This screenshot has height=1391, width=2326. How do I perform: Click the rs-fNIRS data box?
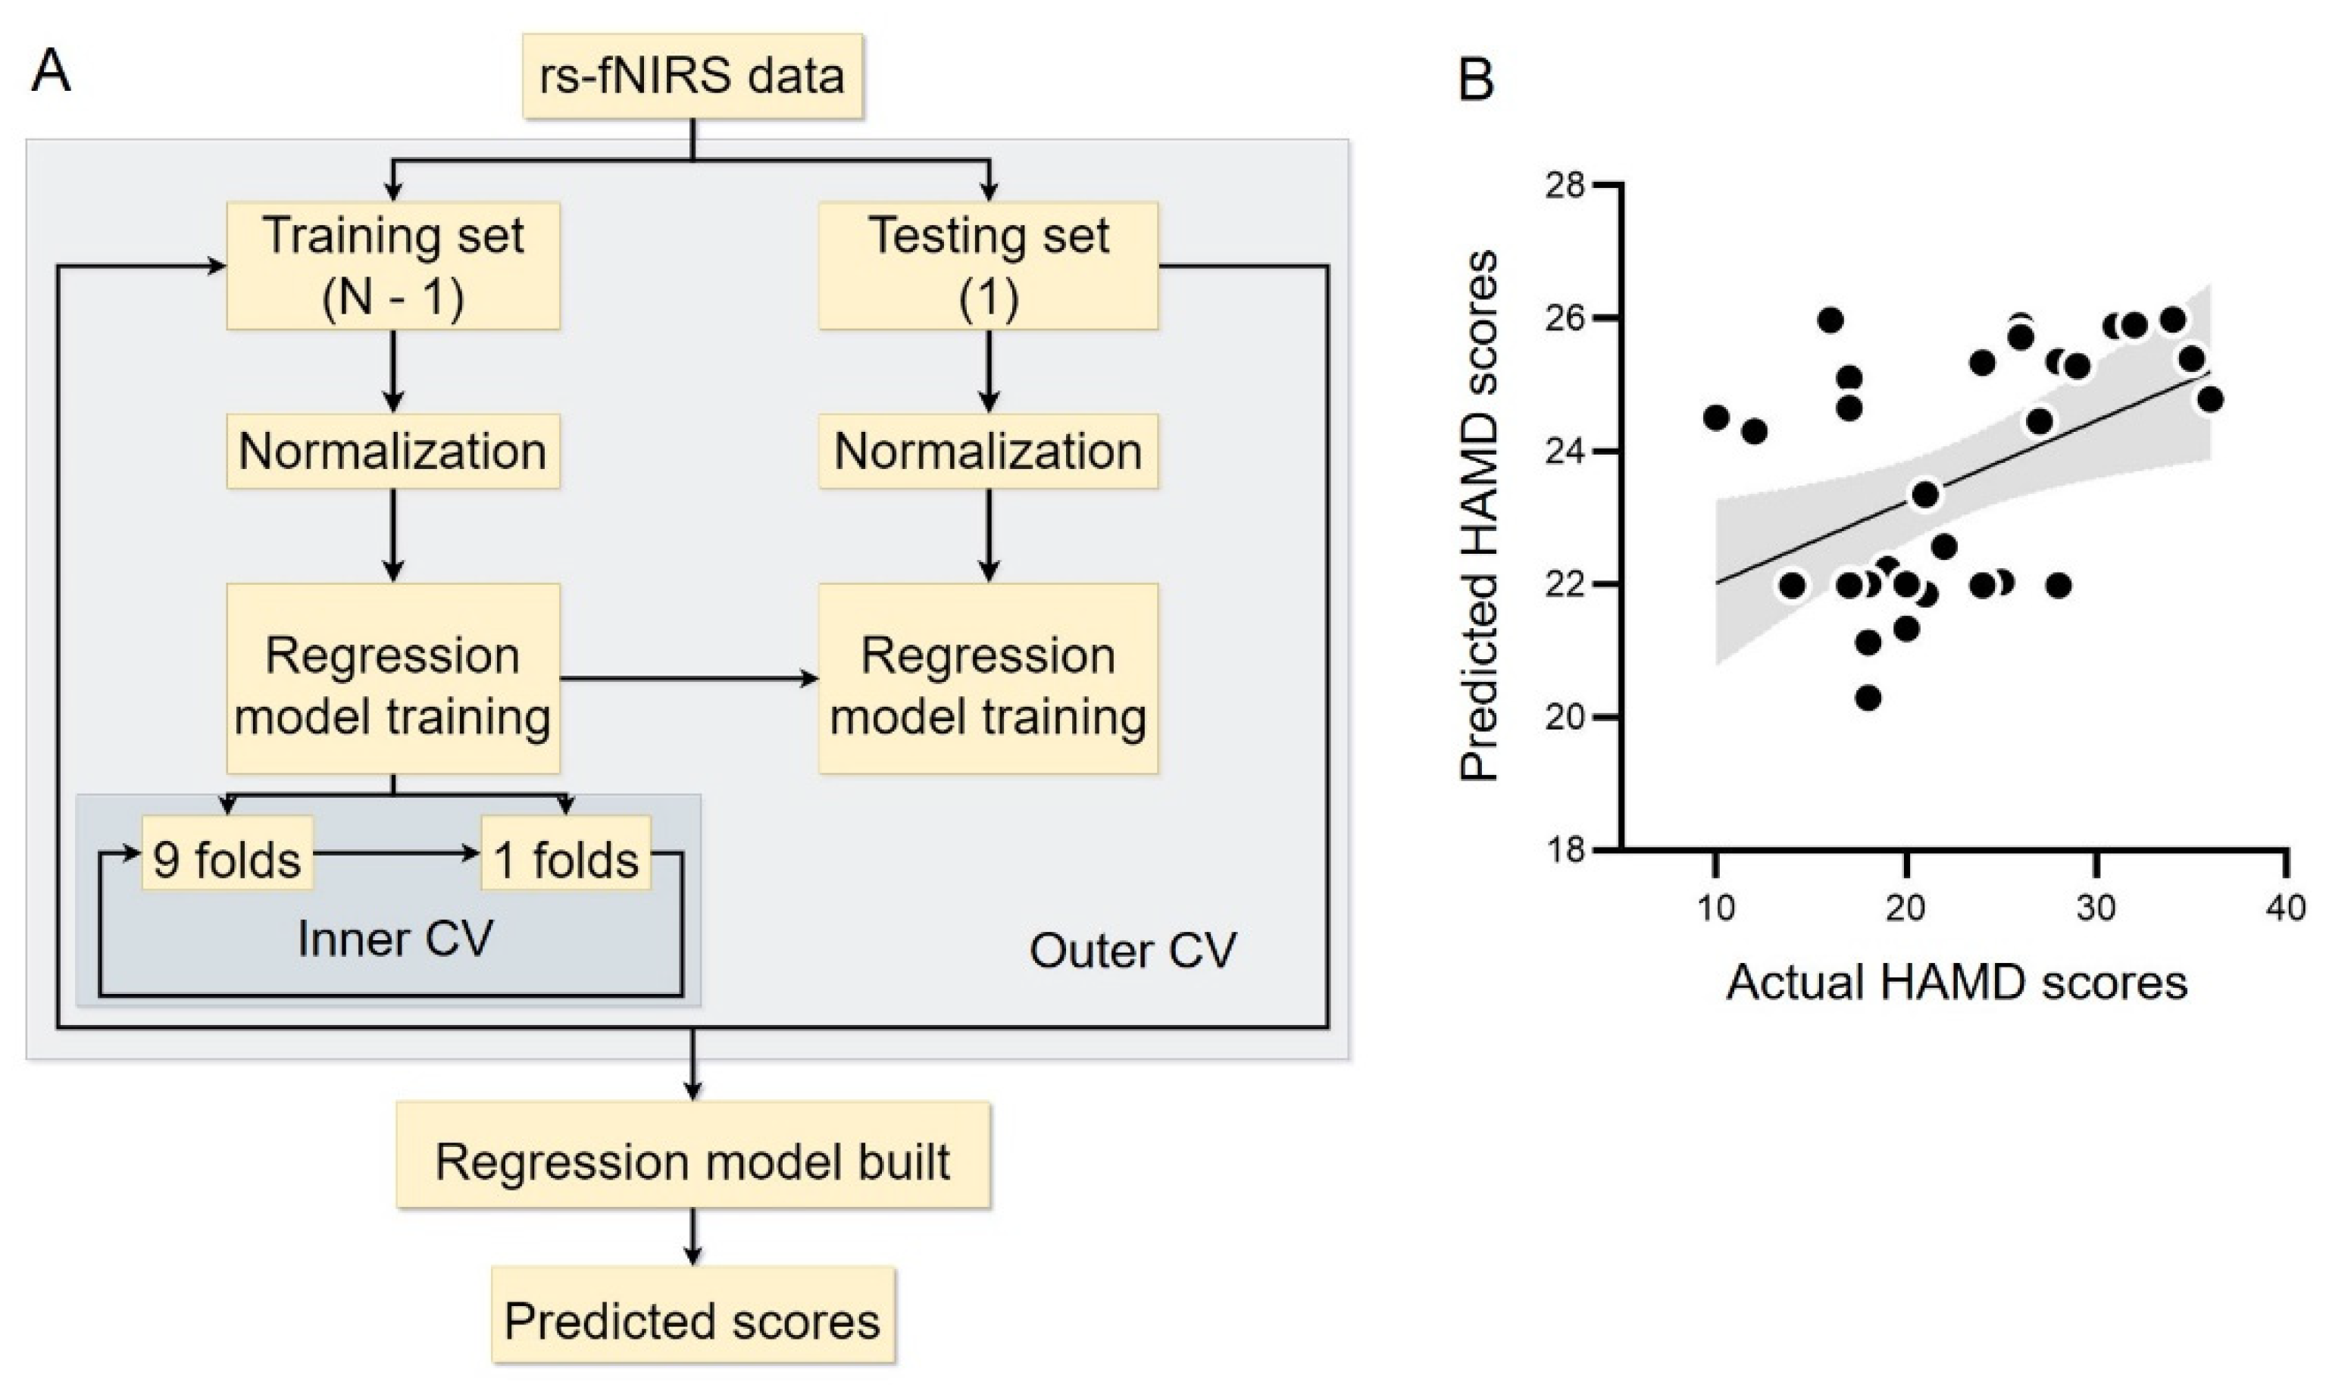(x=692, y=76)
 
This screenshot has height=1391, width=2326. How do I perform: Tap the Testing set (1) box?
(x=988, y=266)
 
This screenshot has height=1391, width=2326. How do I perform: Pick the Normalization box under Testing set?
(x=988, y=451)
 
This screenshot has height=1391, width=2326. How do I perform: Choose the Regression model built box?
(x=692, y=1162)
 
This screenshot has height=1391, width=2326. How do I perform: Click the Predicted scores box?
(x=692, y=1321)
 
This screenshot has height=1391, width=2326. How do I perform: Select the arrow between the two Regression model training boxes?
(x=689, y=677)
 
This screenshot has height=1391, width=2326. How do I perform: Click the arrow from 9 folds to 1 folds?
(x=395, y=853)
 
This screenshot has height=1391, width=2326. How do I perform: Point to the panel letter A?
(x=51, y=71)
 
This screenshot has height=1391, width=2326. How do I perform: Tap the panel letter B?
(x=1476, y=82)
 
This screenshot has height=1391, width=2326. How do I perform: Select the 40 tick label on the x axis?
(x=2287, y=908)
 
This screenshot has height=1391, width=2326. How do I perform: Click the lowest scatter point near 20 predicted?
(x=1868, y=697)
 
